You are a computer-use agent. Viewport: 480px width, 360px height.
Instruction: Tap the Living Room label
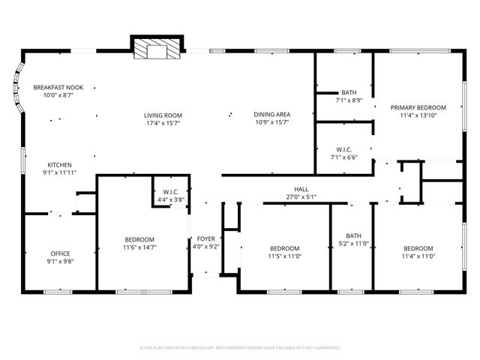[x=163, y=115]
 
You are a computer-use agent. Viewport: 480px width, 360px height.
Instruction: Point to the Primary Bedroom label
[x=418, y=107]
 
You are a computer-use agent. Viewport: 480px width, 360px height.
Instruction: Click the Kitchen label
[x=60, y=165]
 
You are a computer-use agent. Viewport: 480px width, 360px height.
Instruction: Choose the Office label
[x=60, y=253]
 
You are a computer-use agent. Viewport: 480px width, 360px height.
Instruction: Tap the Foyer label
[x=205, y=239]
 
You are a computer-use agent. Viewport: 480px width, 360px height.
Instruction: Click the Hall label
[x=301, y=190]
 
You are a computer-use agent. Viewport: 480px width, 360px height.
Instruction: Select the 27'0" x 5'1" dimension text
[x=301, y=197]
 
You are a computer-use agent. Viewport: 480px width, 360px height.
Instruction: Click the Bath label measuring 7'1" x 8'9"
[x=349, y=92]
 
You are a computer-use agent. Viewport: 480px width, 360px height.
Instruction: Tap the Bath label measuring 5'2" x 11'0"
[x=352, y=235]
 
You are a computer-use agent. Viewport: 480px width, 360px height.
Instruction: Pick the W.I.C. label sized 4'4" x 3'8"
[x=170, y=192]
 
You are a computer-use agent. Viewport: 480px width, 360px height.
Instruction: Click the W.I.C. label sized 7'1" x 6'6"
[x=344, y=149]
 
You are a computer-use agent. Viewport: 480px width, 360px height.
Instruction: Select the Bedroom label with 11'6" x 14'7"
[x=139, y=239]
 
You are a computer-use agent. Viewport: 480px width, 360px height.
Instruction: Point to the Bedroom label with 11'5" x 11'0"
[x=284, y=248]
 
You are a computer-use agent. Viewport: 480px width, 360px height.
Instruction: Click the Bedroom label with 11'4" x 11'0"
[x=418, y=248]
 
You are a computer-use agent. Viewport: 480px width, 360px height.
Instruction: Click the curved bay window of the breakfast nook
[x=16, y=91]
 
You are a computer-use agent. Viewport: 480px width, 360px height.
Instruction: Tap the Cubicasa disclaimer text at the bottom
[x=240, y=348]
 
